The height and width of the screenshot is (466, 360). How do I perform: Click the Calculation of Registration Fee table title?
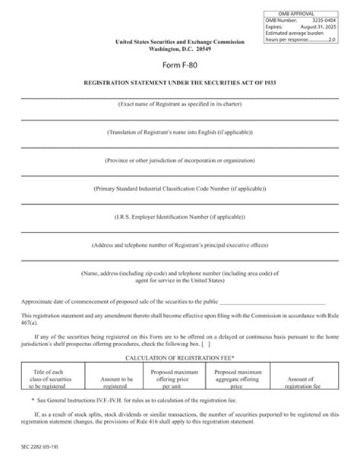tap(179, 356)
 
